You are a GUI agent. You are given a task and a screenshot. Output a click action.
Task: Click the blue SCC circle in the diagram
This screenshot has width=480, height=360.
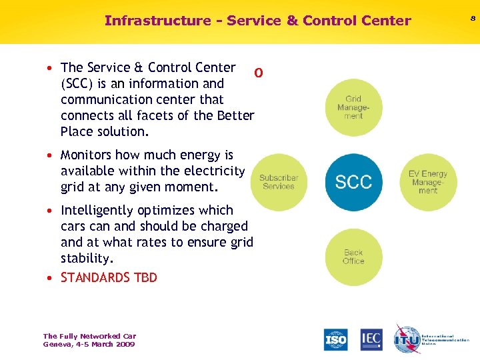tap(353, 182)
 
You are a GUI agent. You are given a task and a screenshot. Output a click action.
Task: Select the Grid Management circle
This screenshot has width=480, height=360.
tap(353, 107)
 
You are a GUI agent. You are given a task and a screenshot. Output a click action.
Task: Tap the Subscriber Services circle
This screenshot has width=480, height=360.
tap(279, 182)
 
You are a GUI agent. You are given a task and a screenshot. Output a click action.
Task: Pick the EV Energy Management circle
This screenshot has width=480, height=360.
tap(428, 182)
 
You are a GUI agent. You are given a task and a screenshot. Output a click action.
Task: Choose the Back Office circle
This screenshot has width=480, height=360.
tap(353, 257)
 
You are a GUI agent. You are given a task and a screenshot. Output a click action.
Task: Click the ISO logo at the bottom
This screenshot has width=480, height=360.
tap(336, 339)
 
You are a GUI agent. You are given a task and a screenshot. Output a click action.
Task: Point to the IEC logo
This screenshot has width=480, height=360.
tap(371, 339)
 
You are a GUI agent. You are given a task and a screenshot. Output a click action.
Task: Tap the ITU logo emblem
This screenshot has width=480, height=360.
tap(407, 339)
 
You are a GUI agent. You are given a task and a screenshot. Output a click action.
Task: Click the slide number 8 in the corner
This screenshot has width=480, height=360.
tap(473, 19)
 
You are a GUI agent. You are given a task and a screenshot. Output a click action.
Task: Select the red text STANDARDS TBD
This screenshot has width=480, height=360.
tap(109, 277)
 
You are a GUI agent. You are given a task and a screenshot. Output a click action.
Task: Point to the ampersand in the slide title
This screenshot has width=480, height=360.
tap(291, 21)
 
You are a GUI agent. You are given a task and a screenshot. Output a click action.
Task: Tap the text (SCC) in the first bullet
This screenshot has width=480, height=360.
tap(79, 84)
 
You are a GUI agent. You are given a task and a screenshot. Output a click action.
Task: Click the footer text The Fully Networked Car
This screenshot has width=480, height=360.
tap(89, 336)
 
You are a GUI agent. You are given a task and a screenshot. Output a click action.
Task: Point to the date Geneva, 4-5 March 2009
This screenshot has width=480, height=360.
tap(89, 344)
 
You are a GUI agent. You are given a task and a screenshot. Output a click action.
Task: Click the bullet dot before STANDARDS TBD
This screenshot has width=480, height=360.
tap(51, 278)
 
